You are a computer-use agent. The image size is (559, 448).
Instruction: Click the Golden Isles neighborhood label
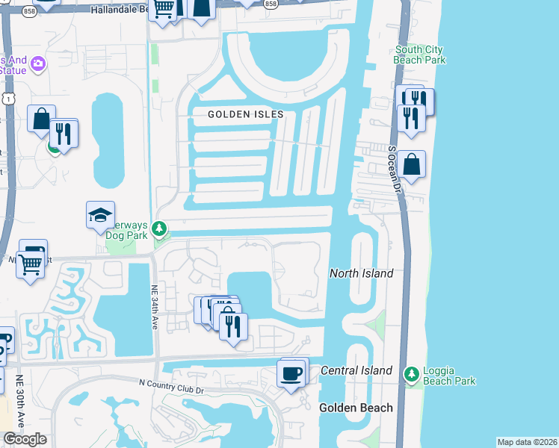click(246, 114)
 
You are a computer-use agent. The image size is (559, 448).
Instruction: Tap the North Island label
click(362, 274)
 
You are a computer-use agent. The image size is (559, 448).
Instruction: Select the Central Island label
click(356, 371)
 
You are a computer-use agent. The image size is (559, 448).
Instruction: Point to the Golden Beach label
click(356, 408)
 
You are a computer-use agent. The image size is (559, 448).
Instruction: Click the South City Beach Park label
click(419, 55)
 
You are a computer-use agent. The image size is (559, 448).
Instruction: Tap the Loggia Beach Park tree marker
click(410, 373)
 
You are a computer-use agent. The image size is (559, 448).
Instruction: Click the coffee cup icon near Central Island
click(291, 372)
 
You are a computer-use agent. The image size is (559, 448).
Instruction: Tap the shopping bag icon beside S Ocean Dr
click(411, 164)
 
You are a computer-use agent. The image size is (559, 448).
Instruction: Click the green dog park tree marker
click(158, 228)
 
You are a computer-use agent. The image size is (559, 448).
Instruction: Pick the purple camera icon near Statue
click(38, 66)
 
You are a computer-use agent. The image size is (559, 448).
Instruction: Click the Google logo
click(25, 439)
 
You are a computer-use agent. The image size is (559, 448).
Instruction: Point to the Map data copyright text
click(527, 442)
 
